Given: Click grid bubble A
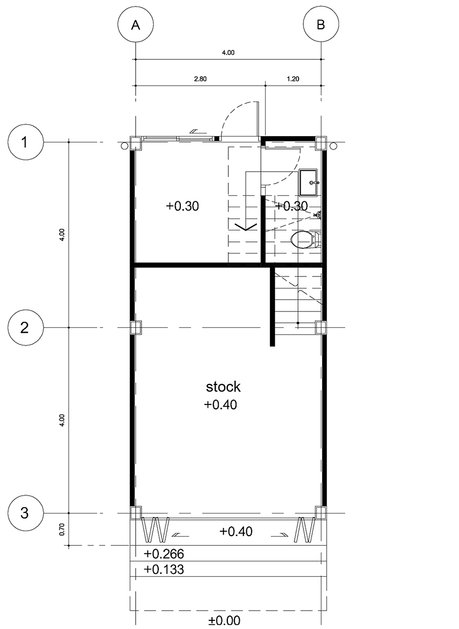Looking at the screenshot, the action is [x=136, y=25].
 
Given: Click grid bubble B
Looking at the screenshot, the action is [x=321, y=25].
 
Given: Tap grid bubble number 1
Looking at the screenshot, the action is [x=24, y=143].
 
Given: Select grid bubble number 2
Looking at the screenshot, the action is [x=24, y=328].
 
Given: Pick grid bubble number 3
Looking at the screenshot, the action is [x=24, y=513].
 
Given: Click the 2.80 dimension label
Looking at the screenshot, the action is [x=200, y=79].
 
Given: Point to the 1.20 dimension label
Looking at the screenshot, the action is [x=293, y=79].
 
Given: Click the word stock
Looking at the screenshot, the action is [x=224, y=387].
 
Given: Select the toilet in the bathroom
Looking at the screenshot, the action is [x=306, y=240].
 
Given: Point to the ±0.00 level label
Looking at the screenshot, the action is [x=224, y=621].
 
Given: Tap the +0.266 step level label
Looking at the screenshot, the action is [x=164, y=554].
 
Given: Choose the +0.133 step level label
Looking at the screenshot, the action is [x=164, y=569].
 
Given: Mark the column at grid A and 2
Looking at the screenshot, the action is [x=136, y=328].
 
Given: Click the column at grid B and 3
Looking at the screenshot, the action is [x=321, y=513].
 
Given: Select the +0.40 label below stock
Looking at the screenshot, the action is [x=220, y=404].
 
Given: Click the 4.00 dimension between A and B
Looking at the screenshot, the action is [x=228, y=52].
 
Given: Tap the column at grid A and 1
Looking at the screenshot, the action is [x=136, y=143].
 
